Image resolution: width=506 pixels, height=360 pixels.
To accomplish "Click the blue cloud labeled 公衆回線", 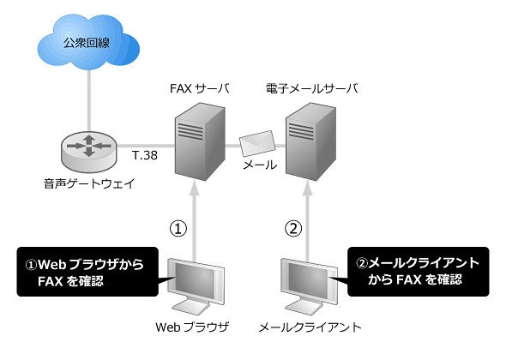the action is (88, 42).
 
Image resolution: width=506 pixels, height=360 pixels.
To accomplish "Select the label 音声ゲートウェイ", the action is (89, 184).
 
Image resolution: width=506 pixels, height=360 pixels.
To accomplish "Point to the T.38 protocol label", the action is (145, 155).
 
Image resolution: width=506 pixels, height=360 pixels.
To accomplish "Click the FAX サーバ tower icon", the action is (200, 141).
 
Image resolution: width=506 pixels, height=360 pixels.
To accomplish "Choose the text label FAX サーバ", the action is (200, 88).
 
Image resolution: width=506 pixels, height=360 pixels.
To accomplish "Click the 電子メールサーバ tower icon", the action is (310, 141).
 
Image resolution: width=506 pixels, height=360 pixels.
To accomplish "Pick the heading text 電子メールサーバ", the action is (312, 88).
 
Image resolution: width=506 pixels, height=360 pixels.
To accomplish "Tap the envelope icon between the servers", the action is (257, 143).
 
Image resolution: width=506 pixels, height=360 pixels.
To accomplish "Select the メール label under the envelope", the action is (260, 165).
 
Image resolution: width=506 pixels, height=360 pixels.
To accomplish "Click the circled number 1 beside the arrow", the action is (178, 228).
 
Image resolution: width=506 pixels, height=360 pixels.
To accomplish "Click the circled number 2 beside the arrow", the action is (293, 228).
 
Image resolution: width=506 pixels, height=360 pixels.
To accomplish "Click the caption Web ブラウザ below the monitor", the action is (192, 327).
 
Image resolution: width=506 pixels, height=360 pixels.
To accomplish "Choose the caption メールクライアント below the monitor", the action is (310, 327).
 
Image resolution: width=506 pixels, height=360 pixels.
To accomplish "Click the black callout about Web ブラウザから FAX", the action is (87, 272).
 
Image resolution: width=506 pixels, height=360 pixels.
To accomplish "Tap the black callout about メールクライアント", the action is (419, 272).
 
